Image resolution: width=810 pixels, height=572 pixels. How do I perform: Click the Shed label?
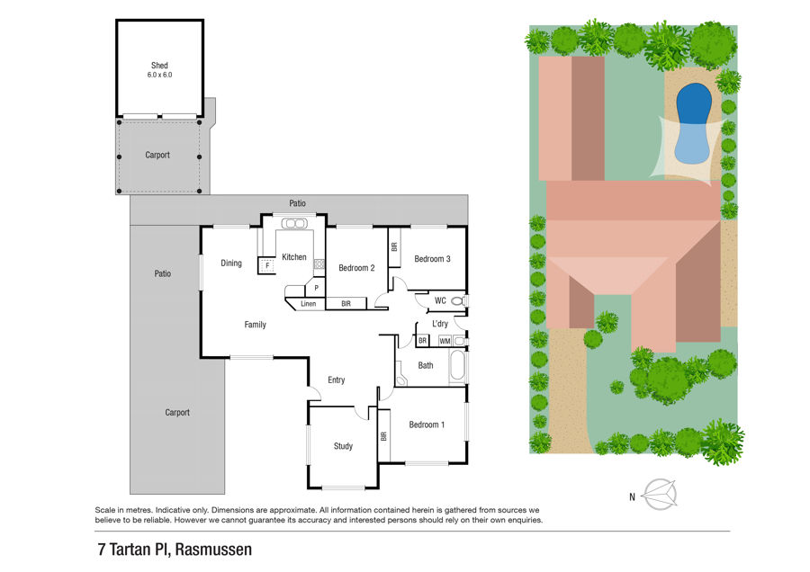[x=159, y=66]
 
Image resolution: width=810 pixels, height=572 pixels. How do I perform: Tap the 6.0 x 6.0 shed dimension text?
[x=159, y=75]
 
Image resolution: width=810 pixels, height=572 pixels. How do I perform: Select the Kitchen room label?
[x=294, y=257]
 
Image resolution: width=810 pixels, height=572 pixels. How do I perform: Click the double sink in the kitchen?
[x=294, y=224]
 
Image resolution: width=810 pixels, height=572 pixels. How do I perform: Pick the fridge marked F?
[x=266, y=265]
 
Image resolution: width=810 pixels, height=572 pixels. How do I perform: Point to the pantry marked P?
[x=316, y=288]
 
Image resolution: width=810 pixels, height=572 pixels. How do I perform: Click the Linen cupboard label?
[x=309, y=304]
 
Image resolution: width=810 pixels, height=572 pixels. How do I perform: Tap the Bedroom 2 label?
[x=356, y=268]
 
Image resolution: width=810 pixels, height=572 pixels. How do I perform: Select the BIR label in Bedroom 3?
[x=395, y=247]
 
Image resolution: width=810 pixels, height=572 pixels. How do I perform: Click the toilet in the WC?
[x=459, y=301]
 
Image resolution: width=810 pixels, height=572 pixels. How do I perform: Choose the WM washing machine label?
[x=445, y=341]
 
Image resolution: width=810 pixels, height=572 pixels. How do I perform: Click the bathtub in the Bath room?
[x=458, y=367]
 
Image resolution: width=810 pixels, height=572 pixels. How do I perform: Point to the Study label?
[x=343, y=446]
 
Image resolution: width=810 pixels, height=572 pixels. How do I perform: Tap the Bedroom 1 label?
[x=427, y=425]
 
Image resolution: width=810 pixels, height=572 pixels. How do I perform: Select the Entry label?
[x=337, y=380]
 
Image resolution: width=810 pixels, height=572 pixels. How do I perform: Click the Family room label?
[x=256, y=325]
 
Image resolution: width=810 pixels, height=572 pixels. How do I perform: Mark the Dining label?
[x=231, y=264]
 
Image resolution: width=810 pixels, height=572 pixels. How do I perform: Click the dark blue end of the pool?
[x=694, y=103]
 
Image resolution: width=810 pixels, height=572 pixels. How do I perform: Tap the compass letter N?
[x=632, y=497]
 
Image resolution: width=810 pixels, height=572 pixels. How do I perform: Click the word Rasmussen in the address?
[x=213, y=550]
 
